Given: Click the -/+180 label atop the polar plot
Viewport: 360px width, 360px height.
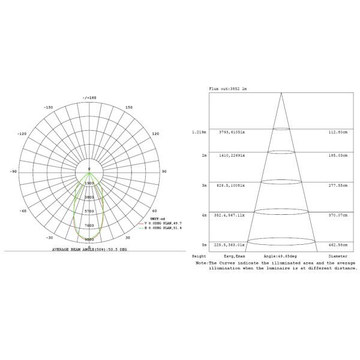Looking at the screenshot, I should (x=89, y=98).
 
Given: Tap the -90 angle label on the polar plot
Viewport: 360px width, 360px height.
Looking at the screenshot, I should (x=13, y=172).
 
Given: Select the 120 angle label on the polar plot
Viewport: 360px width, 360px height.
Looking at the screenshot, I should (x=155, y=134).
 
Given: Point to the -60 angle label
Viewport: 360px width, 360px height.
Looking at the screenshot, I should (x=23, y=211).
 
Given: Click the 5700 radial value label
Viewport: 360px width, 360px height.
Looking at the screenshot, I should (x=89, y=211).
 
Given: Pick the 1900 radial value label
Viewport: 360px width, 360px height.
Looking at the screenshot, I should (x=89, y=182).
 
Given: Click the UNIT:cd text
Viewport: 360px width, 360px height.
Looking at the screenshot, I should (x=157, y=218).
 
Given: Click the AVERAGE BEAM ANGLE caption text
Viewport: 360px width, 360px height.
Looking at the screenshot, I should (x=89, y=248).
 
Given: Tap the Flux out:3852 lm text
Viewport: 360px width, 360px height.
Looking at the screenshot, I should (x=227, y=88).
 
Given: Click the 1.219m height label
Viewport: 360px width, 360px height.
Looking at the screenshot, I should (x=199, y=131).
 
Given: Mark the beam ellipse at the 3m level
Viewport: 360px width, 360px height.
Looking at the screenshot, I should (x=281, y=181).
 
